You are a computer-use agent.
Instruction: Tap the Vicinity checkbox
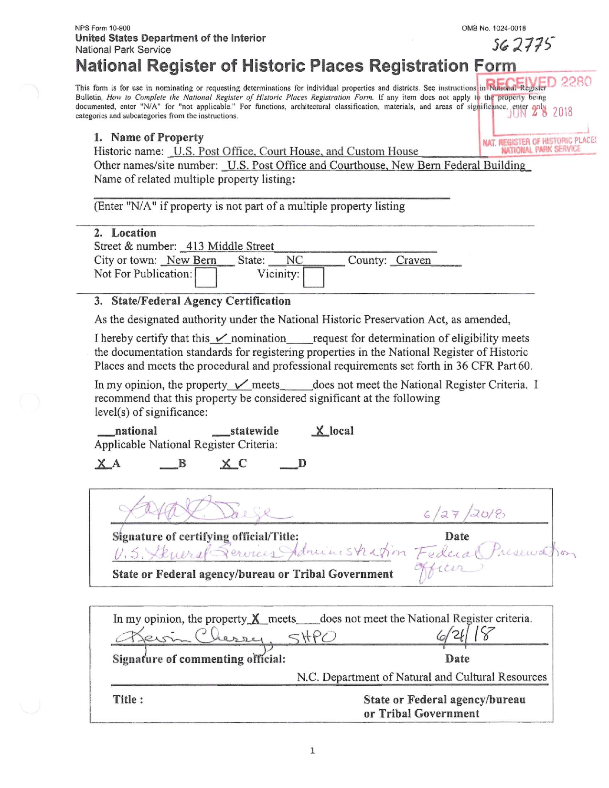314,277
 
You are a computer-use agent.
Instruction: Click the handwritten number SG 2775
523,44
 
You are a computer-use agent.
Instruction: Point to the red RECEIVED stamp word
521,83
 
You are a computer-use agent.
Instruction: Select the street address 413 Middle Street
230,246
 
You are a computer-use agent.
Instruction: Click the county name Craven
413,260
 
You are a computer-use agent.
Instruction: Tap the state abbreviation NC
294,260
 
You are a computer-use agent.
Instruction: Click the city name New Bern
191,260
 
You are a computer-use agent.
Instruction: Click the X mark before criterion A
102,463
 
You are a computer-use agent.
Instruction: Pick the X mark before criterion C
226,463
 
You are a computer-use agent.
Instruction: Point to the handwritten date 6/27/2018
464,513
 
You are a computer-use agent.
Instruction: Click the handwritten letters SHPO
312,637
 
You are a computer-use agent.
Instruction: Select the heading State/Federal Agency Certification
201,301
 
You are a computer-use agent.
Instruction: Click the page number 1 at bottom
312,751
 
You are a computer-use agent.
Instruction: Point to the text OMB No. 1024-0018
493,28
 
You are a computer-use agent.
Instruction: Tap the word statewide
254,431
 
